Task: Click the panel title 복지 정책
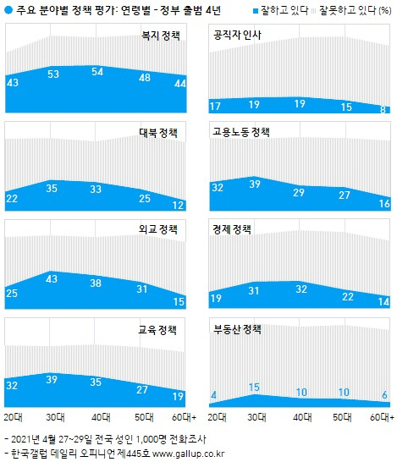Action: tap(161, 36)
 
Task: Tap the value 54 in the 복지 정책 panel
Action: tap(97, 72)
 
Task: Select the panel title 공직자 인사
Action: tap(237, 35)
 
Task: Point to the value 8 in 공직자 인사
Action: tap(383, 110)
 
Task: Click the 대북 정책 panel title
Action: tap(158, 133)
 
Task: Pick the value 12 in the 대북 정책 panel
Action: tap(179, 205)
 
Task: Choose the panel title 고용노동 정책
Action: tap(241, 132)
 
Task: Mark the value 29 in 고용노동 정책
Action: tap(299, 193)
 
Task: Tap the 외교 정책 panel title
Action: tap(158, 229)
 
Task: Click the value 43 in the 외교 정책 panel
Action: tap(52, 278)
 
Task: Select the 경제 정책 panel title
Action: tap(232, 229)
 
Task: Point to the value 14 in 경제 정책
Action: tap(384, 302)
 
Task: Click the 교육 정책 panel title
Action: tap(157, 330)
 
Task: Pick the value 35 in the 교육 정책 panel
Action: tap(96, 382)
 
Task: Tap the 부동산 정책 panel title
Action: tap(237, 329)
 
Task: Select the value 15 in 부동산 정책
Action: tap(254, 388)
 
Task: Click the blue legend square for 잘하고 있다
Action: tap(256, 11)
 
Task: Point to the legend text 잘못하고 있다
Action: tap(348, 11)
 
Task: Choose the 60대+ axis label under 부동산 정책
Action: tap(383, 417)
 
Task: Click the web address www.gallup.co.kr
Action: tap(188, 454)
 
